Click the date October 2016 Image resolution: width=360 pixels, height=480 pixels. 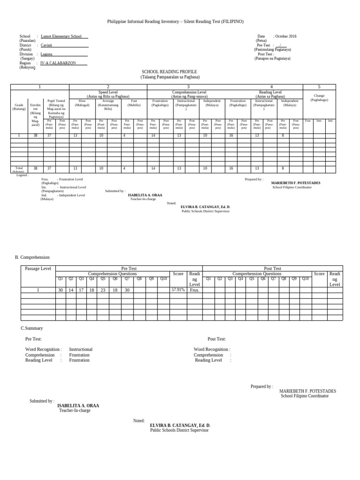point(285,36)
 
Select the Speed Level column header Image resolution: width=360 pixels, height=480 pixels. point(108,92)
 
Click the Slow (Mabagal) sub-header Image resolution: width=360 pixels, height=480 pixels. point(82,103)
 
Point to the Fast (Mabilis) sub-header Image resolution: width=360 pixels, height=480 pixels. point(134,103)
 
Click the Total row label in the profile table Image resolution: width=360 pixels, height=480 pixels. point(19,168)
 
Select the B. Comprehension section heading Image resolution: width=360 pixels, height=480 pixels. point(32,257)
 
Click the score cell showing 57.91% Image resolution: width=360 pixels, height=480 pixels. point(178,290)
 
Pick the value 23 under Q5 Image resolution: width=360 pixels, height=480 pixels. point(103,290)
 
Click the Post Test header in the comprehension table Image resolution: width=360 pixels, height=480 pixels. point(272,269)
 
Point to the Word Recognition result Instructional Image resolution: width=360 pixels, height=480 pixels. point(81,349)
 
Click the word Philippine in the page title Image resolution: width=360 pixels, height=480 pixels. point(118,22)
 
